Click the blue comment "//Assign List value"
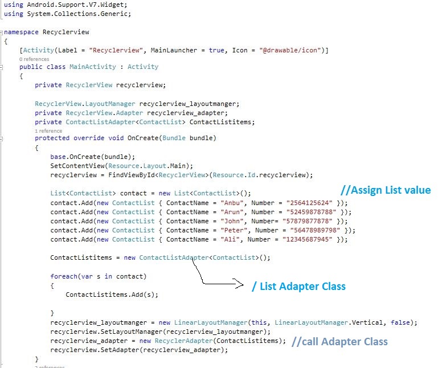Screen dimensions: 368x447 tap(386, 190)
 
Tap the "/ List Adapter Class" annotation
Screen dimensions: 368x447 tap(298, 286)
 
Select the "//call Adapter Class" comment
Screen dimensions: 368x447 tap(339, 342)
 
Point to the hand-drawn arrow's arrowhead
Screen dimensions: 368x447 tap(240, 285)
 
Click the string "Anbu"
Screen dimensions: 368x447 tap(232, 203)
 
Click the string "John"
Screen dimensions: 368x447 tap(232, 221)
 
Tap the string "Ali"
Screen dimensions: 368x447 tap(229, 239)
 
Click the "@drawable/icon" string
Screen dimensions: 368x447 tap(296, 51)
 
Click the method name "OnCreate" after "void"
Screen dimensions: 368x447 tap(143, 138)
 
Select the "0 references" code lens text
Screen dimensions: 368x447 tap(34, 59)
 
